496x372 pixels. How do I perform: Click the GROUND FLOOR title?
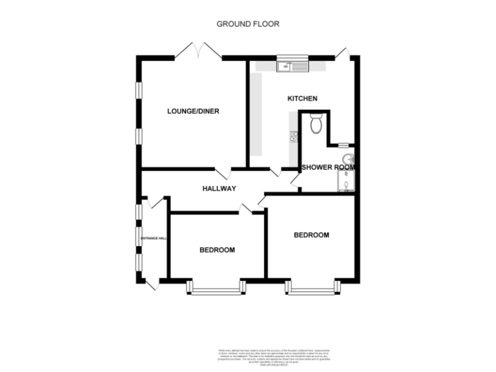click(247, 24)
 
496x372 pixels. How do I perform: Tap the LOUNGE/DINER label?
click(193, 111)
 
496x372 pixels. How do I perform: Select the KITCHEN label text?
click(302, 99)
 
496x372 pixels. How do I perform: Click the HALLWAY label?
click(219, 189)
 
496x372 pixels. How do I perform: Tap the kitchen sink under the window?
click(293, 65)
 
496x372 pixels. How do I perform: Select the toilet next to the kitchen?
click(316, 123)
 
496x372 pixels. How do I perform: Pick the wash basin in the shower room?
click(349, 160)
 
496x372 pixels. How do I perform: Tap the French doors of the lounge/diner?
click(198, 50)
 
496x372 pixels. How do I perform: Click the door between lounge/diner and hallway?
click(223, 174)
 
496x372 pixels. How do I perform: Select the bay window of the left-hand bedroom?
click(216, 289)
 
